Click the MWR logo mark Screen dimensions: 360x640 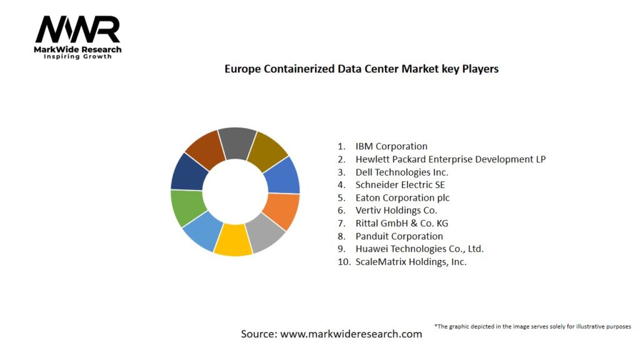click(77, 29)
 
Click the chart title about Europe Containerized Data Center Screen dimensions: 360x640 click(361, 69)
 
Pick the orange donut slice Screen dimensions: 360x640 click(283, 211)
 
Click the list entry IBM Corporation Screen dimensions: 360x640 click(391, 146)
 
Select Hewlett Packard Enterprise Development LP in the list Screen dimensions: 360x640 click(450, 159)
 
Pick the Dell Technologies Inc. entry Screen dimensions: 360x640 click(401, 172)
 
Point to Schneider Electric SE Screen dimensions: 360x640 click(400, 185)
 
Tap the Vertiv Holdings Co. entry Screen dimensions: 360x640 click(396, 211)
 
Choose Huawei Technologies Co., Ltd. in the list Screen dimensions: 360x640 click(419, 249)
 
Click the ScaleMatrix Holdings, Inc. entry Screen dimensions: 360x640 click(411, 262)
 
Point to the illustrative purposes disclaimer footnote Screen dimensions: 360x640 click(532, 326)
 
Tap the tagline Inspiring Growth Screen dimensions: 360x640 click(77, 57)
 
